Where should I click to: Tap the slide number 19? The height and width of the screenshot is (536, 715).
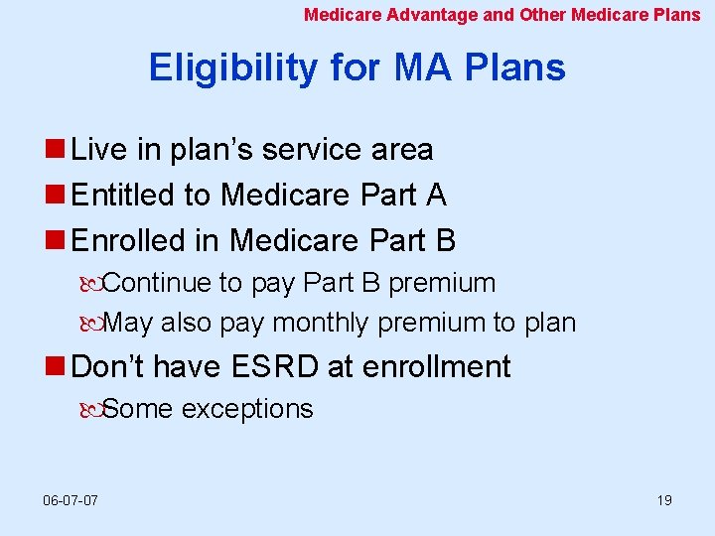[664, 500]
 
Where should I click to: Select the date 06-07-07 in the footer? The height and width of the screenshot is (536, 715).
[71, 500]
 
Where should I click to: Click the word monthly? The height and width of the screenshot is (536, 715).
[321, 324]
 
